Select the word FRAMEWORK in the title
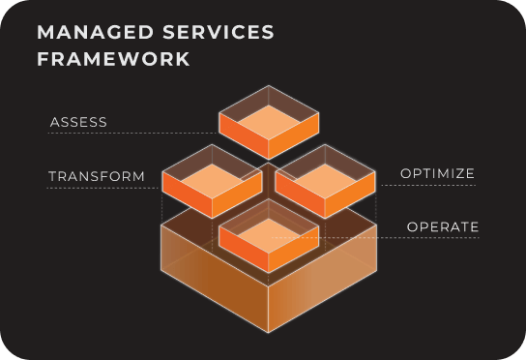click(x=113, y=58)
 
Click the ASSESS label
click(x=78, y=123)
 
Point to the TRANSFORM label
click(x=97, y=177)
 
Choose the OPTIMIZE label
click(x=438, y=174)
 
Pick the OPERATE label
click(x=443, y=227)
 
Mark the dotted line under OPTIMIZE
click(x=425, y=185)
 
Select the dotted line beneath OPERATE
click(x=425, y=238)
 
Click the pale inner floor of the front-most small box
click(x=269, y=232)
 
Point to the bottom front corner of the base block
click(x=269, y=332)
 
